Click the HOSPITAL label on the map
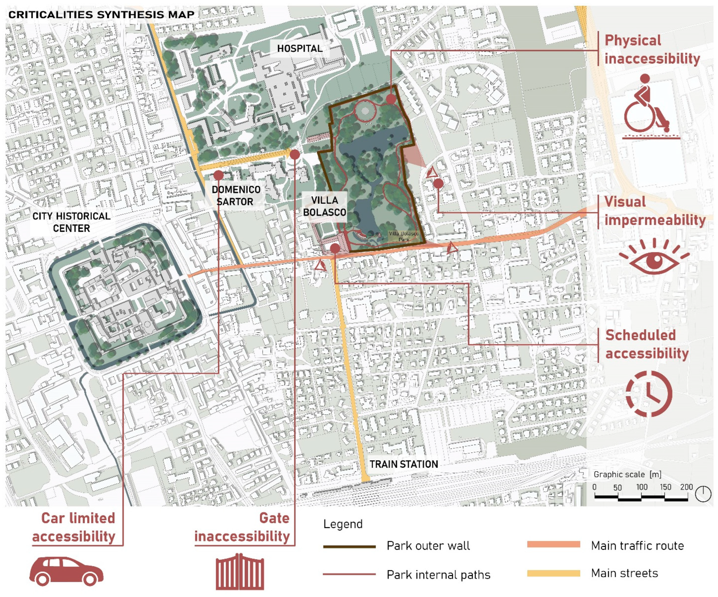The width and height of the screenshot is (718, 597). click(299, 48)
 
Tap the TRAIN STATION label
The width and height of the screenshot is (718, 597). click(403, 464)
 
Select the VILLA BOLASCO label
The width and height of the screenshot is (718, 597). click(324, 206)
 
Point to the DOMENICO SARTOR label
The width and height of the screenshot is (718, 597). click(236, 195)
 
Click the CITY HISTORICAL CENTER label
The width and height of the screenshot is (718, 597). click(71, 222)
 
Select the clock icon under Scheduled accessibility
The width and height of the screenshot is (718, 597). click(649, 394)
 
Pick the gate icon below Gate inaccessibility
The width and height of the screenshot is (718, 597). click(240, 572)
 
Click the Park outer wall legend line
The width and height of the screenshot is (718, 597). click(349, 547)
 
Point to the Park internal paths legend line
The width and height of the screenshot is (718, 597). click(349, 574)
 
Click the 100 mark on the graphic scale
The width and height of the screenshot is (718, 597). click(641, 487)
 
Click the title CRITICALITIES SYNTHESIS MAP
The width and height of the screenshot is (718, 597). click(101, 15)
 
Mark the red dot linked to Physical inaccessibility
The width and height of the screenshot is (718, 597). click(391, 99)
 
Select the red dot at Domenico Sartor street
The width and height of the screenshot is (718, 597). click(218, 175)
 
